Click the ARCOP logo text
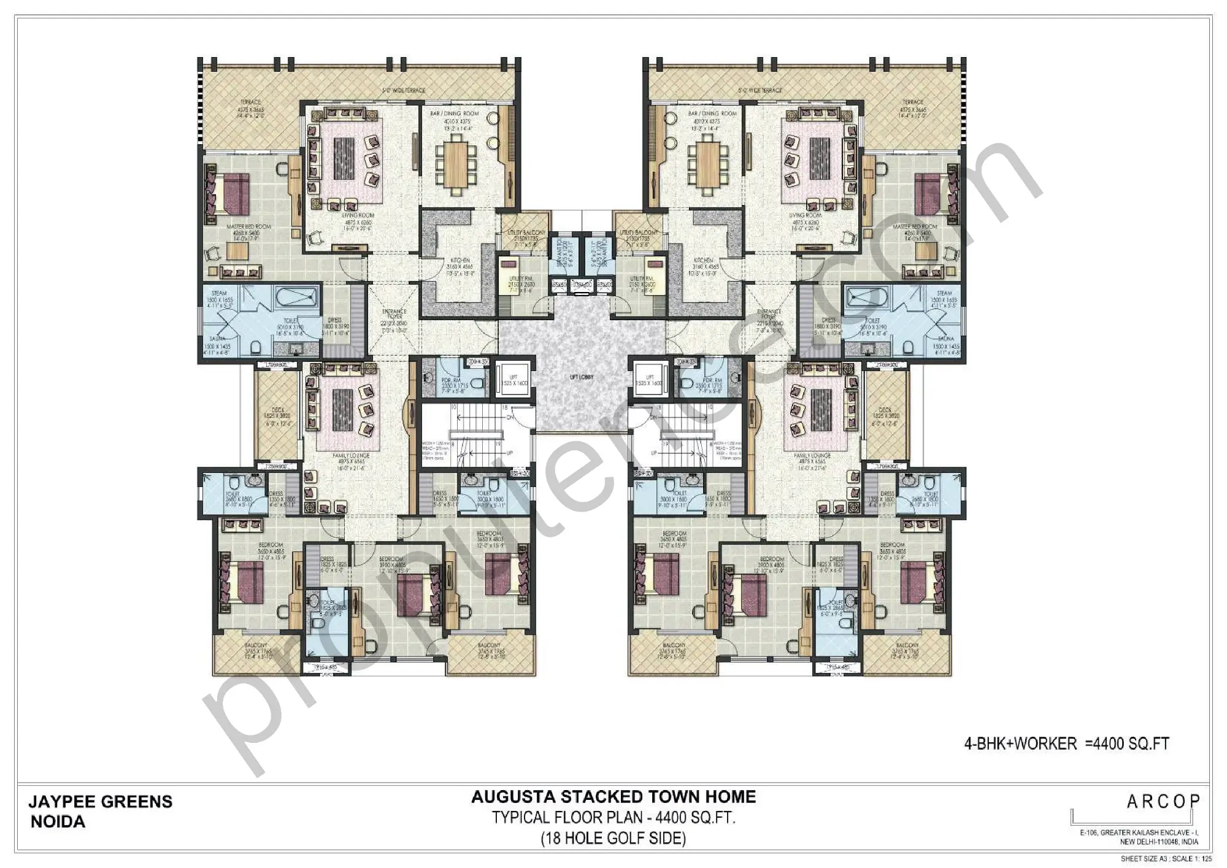click(1163, 801)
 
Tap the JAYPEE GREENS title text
click(101, 802)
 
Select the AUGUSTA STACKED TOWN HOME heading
click(613, 797)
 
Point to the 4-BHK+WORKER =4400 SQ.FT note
click(1067, 743)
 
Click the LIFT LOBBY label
click(581, 377)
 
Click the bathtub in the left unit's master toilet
click(295, 299)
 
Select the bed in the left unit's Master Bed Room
click(231, 193)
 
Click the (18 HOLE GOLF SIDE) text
click(613, 838)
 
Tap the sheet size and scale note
click(1166, 859)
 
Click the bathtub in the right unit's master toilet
click(867, 299)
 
